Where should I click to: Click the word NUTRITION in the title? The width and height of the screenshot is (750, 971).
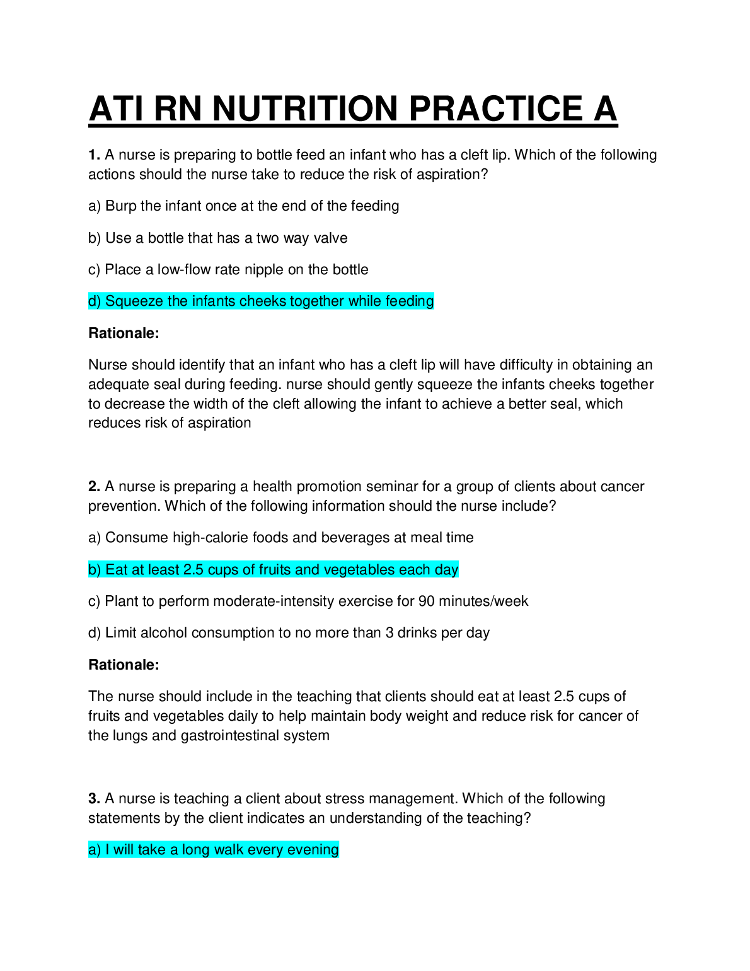coord(305,108)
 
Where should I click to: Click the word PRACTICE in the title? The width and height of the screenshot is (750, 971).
coord(496,108)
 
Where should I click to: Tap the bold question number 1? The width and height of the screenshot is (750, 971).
coord(95,155)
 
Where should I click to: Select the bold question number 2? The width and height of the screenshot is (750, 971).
coord(95,487)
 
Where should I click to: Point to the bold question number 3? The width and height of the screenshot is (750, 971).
coord(95,799)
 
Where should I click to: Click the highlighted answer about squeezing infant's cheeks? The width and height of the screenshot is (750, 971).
coord(261,301)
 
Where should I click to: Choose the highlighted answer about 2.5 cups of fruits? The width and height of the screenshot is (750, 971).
coord(273,570)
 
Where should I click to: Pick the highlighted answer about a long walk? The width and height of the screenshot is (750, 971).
coord(213,850)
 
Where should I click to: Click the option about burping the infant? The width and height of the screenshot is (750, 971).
coord(243,206)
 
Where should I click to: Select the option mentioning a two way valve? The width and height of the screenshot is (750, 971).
coord(217,238)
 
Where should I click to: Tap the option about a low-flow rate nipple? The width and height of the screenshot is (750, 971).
coord(228,270)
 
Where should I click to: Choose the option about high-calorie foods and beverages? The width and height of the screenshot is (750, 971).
coord(280,538)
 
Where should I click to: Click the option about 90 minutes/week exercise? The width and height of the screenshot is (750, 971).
coord(308,602)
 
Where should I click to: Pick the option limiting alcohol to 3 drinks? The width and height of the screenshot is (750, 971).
coord(289,633)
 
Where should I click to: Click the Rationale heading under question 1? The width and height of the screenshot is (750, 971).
coord(124,334)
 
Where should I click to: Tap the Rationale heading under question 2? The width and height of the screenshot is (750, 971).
coord(124,665)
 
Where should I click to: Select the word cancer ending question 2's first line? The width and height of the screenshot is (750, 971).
coord(622,487)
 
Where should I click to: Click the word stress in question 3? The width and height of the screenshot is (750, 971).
coord(345,799)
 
